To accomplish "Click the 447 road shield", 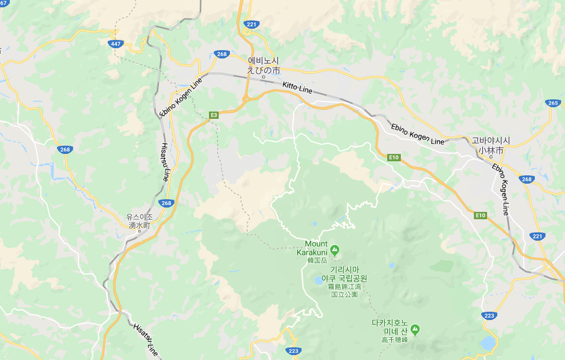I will click(115, 44).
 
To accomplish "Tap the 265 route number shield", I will click(553, 103).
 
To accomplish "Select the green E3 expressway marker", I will click(213, 115).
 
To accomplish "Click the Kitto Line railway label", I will click(297, 89).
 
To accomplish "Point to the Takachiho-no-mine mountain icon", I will click(415, 330).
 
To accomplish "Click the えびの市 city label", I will click(264, 70).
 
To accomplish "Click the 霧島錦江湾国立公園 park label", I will click(344, 290).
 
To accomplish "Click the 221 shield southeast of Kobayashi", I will click(537, 236).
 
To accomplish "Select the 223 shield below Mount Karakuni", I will click(293, 351).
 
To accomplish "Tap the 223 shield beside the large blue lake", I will click(489, 316).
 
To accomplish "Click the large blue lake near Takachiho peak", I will click(487, 343).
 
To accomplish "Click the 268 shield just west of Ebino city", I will click(222, 54).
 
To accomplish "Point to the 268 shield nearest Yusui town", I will click(166, 203).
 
